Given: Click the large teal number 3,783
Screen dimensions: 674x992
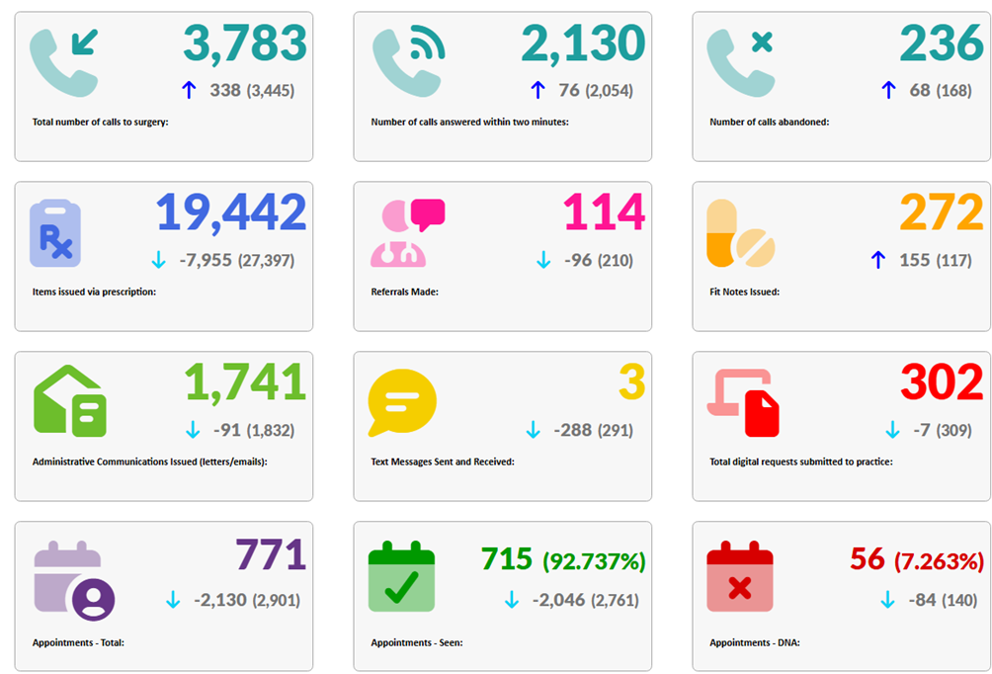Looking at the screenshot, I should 245,44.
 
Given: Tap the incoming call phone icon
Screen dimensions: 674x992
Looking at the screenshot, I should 63,61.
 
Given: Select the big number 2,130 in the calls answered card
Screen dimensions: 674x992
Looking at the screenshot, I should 583,44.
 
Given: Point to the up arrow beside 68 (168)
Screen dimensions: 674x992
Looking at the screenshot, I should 888,90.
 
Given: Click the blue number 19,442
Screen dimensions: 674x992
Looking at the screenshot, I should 231,212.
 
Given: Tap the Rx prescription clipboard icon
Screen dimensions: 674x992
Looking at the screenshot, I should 55,233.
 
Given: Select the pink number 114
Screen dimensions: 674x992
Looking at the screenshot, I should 604,212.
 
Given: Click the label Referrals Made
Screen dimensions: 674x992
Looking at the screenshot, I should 404,292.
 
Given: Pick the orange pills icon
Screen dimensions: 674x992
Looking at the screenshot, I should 740,233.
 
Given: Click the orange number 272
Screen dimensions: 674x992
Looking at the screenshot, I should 942,212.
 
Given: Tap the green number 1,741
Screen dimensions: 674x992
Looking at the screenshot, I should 245,382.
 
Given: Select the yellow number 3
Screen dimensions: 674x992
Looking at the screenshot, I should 632,382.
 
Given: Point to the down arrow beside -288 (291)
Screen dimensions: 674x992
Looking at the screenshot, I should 534,430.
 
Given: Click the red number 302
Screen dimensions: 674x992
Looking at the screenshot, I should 942,382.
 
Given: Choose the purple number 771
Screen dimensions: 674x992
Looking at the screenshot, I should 271,554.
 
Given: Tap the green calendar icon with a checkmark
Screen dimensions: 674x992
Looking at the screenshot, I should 401,576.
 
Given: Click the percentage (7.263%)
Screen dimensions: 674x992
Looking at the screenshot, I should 939,561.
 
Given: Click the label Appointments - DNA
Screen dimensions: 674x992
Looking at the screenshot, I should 755,642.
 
